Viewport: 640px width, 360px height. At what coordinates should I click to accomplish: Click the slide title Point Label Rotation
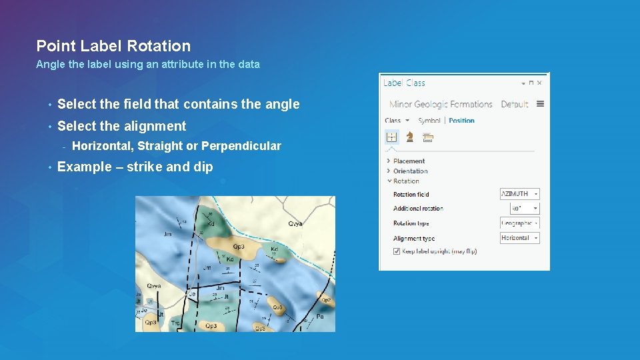[x=113, y=46]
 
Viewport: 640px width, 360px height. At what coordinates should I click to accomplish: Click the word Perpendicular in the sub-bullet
[x=241, y=146]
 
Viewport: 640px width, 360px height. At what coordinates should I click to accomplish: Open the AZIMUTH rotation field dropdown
[x=520, y=194]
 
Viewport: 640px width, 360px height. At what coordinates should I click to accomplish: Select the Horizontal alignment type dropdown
[x=520, y=238]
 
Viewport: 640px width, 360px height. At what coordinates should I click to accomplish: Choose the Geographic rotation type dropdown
[x=520, y=223]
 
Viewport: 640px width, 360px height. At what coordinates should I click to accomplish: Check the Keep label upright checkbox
[x=397, y=251]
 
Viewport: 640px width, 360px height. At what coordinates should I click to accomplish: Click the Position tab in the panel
[x=461, y=121]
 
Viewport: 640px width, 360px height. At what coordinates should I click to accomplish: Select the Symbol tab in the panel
[x=429, y=121]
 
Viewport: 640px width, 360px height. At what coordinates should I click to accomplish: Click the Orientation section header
[x=410, y=171]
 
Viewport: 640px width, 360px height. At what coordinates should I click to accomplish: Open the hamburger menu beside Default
[x=540, y=104]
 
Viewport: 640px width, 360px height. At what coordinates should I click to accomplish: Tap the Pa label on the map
[x=320, y=317]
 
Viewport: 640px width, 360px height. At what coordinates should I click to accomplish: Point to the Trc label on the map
[x=175, y=323]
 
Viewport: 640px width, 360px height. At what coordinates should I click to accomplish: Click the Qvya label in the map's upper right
[x=295, y=224]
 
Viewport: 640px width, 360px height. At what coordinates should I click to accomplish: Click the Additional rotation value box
[x=520, y=209]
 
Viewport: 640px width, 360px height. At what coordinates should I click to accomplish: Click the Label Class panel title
[x=404, y=83]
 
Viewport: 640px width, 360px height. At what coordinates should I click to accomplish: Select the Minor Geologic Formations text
[x=441, y=104]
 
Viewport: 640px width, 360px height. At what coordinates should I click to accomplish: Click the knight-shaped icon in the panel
[x=409, y=137]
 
